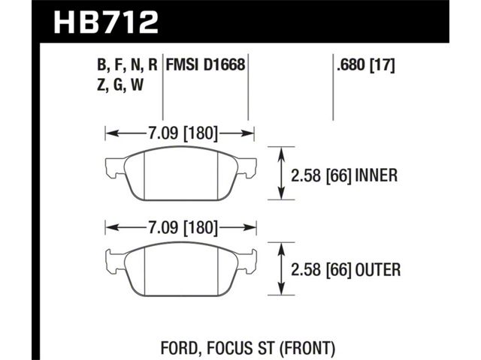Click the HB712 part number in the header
tap(106, 22)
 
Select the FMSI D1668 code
tap(205, 65)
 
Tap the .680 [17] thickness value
tap(365, 65)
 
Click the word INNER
tap(376, 175)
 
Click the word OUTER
tap(378, 270)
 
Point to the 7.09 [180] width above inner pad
tap(183, 133)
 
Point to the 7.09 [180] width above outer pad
tap(183, 228)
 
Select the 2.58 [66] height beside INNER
tap(321, 175)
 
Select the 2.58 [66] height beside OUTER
tap(321, 270)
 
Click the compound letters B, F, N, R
tap(127, 65)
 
